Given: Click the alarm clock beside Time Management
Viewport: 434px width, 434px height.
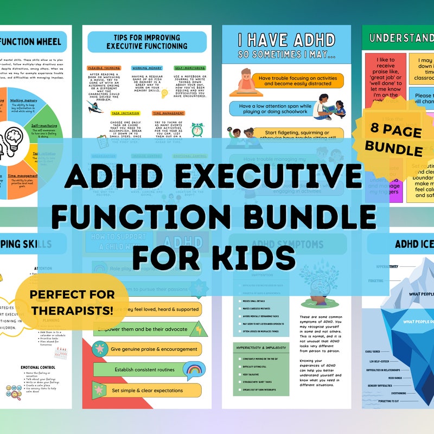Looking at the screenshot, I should coord(197,131).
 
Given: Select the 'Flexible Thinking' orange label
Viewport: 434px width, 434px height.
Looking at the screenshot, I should coord(104,68).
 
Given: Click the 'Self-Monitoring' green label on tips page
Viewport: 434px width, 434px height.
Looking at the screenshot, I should coord(189,68).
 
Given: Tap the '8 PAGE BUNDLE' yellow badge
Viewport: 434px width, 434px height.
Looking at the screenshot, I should coord(393,140).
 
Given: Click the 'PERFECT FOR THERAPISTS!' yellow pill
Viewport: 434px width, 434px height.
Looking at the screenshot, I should coord(72,302).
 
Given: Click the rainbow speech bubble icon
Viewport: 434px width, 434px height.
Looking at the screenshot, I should coord(194,370).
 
